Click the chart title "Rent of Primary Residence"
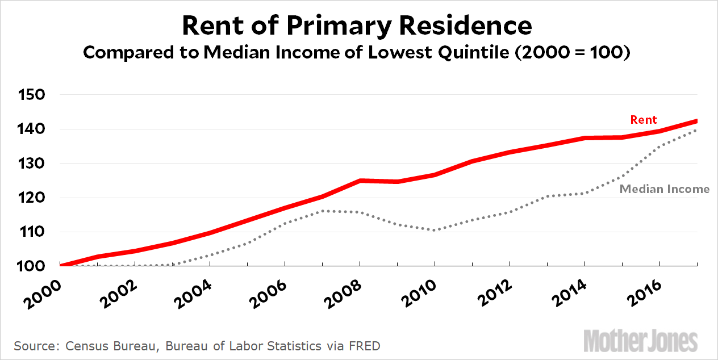click(357, 26)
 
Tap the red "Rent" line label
click(643, 120)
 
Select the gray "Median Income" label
click(664, 189)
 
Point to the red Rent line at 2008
click(360, 181)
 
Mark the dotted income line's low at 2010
click(435, 230)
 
